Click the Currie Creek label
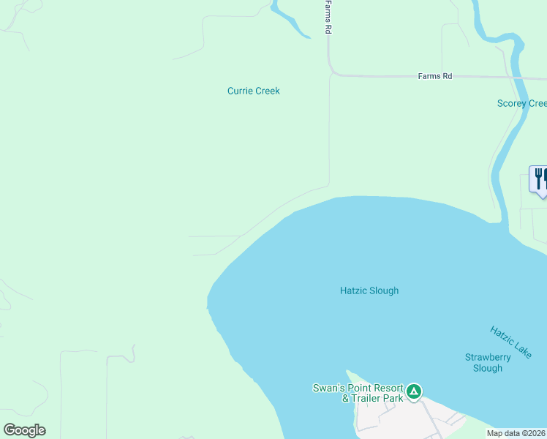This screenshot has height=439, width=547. tap(253, 91)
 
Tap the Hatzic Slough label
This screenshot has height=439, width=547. tap(369, 290)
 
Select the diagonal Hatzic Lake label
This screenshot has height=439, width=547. tap(511, 342)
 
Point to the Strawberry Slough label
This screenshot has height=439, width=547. tap(488, 363)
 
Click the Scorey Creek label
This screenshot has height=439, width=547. tap(521, 103)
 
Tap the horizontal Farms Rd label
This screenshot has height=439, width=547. tap(434, 75)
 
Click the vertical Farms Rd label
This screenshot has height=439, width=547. tap(329, 17)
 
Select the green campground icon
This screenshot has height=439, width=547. tap(414, 392)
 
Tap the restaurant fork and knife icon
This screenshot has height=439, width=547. tap(540, 179)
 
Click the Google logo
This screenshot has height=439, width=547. tap(24, 430)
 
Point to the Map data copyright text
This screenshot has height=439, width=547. tap(516, 433)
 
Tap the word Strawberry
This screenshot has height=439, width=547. tap(488, 357)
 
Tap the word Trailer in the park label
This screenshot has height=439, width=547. tap(365, 398)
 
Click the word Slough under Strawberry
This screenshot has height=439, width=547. tap(488, 368)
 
